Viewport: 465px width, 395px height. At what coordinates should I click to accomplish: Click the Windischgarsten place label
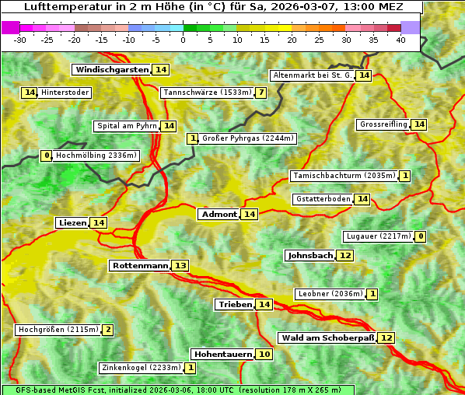112,70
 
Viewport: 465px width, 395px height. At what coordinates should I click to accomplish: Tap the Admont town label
219,215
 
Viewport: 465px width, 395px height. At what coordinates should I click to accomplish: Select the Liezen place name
72,223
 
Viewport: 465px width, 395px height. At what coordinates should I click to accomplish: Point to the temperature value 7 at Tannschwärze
261,93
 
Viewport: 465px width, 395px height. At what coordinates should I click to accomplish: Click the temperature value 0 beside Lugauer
421,236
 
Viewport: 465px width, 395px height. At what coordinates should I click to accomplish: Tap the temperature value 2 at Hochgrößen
108,330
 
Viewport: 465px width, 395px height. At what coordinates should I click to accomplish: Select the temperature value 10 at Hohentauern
264,355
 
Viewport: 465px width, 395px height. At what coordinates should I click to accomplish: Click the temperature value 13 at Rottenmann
180,266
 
